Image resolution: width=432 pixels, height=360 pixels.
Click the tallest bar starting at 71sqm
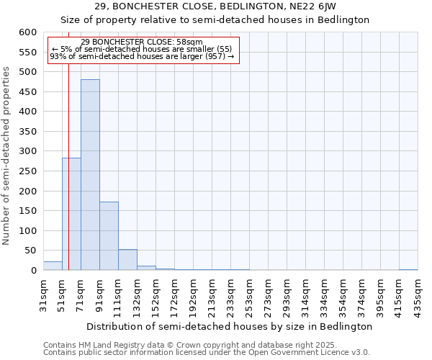90,175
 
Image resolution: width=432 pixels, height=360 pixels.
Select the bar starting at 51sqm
71,214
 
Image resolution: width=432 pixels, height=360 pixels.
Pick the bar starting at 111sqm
127,260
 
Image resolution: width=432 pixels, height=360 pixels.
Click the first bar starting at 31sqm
53,266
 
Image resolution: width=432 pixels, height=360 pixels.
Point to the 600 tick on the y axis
27,32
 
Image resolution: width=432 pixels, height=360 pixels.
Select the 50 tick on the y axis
30,251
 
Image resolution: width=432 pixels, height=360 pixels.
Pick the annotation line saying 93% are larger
142,56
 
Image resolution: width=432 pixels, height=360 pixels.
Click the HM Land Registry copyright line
180,345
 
